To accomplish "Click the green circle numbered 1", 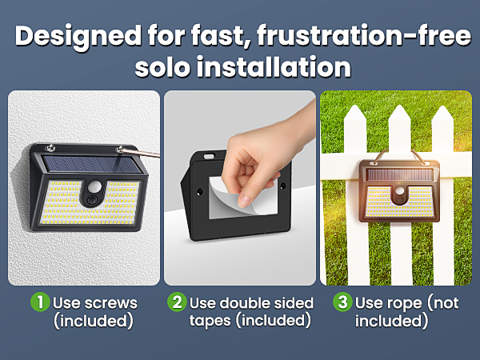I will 40,302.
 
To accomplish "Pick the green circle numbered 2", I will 177,302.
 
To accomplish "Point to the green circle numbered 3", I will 342,302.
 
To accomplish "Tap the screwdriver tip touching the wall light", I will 122,150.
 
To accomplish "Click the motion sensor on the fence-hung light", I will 399,195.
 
